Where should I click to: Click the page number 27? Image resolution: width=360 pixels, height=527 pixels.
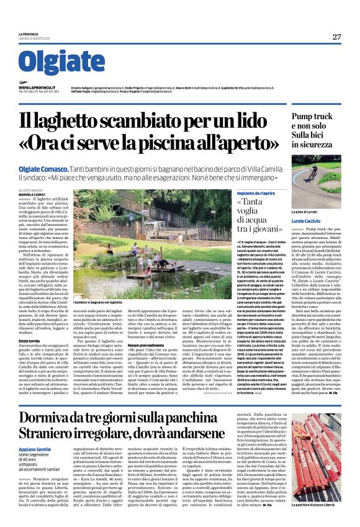tap(336, 37)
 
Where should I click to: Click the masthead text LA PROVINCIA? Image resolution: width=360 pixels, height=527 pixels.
tap(29, 34)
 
